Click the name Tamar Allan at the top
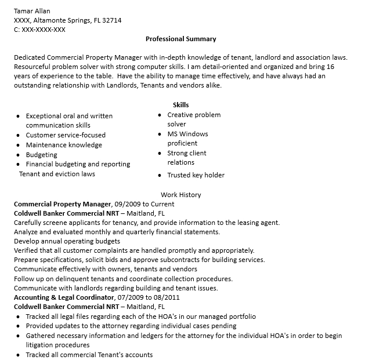click(31, 11)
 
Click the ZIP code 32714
click(112, 20)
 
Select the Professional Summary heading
click(180, 39)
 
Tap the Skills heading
click(180, 105)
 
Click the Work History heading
click(180, 195)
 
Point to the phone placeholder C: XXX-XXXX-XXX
click(39, 30)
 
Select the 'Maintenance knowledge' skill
click(64, 145)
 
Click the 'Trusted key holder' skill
click(196, 175)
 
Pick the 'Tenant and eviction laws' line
click(57, 174)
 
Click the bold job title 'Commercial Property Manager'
click(62, 204)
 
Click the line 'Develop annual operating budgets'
click(67, 241)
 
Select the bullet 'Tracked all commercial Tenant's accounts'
click(89, 354)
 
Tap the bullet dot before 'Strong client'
click(160, 154)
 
